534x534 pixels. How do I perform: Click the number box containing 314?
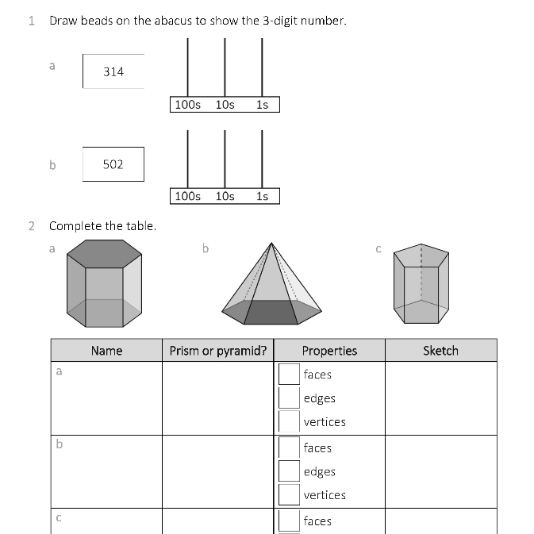[x=113, y=71]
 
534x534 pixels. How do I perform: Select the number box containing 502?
[x=113, y=164]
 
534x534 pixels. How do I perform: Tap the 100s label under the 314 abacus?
[x=188, y=105]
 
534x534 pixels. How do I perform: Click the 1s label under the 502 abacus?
[x=263, y=196]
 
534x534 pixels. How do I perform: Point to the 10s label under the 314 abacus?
[x=225, y=105]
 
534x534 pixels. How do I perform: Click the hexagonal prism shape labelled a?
[x=105, y=283]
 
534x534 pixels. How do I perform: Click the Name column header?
[x=106, y=351]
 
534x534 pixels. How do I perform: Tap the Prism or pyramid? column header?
[x=218, y=351]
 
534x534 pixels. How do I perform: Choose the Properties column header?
[x=329, y=351]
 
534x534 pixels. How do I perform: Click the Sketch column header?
[x=440, y=351]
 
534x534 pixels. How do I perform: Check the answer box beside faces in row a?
[x=289, y=374]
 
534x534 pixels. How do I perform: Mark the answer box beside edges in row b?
[x=289, y=471]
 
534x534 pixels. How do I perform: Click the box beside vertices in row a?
[x=289, y=421]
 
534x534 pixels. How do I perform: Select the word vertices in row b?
[x=325, y=495]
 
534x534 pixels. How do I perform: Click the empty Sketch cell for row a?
[x=440, y=398]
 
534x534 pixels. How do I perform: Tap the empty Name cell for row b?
[x=106, y=471]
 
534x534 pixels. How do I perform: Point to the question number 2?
[x=32, y=226]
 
